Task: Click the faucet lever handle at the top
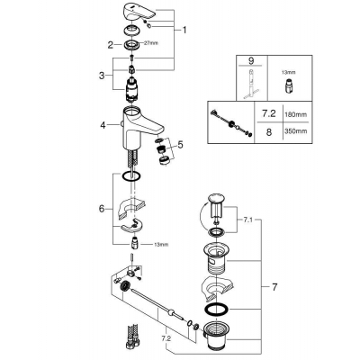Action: click(139, 13)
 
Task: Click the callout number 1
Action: click(184, 30)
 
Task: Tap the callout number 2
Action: click(111, 45)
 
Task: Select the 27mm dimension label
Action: click(151, 43)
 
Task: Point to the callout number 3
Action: click(102, 76)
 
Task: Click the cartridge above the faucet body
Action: click(131, 88)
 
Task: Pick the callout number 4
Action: click(103, 125)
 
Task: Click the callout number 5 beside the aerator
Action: click(180, 145)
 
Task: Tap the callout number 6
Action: click(102, 209)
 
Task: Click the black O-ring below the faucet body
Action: click(131, 176)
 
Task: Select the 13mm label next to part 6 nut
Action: click(161, 245)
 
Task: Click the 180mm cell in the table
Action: click(297, 114)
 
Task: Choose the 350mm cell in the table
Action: click(297, 131)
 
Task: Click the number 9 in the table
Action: click(251, 61)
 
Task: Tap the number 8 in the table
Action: click(269, 131)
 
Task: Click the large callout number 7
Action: click(274, 287)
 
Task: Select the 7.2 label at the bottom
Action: click(166, 338)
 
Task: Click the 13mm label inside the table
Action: click(290, 72)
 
